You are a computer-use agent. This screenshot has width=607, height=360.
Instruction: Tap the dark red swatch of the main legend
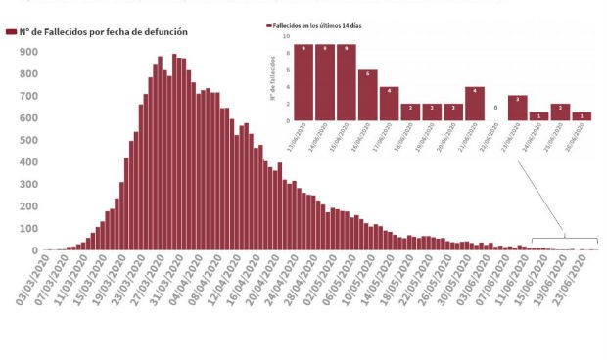[12, 31]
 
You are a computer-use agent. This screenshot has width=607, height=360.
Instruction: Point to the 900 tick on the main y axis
[28, 51]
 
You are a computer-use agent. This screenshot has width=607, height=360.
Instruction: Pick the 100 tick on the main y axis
[28, 228]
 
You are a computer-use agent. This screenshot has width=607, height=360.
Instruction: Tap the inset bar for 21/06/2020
[475, 104]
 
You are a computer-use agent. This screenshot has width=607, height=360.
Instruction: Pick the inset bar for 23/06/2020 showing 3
[518, 108]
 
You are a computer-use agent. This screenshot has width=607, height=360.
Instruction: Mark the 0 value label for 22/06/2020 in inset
[496, 108]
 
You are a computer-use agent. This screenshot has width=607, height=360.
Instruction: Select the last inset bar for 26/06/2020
[582, 116]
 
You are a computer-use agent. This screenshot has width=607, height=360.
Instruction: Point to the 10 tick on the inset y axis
[287, 36]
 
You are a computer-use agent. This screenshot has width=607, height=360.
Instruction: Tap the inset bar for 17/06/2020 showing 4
[389, 104]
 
